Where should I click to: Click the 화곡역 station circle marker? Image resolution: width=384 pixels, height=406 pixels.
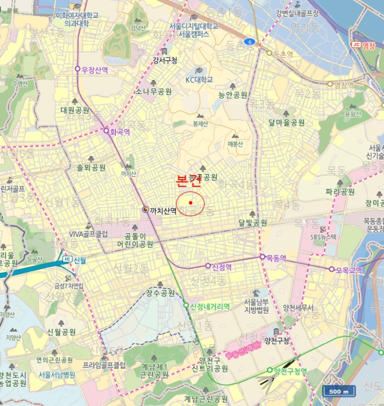106,131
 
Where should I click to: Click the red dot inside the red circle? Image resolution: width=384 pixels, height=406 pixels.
191,202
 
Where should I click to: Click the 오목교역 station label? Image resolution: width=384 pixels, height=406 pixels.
349,270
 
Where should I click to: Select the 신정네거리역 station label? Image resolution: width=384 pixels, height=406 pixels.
210,306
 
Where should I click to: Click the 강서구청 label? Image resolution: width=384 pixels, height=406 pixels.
165,60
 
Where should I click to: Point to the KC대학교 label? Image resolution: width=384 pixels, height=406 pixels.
199,79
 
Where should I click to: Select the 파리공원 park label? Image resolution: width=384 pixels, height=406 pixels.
340,191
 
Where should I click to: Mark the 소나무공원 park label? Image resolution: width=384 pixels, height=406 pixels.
154,92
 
